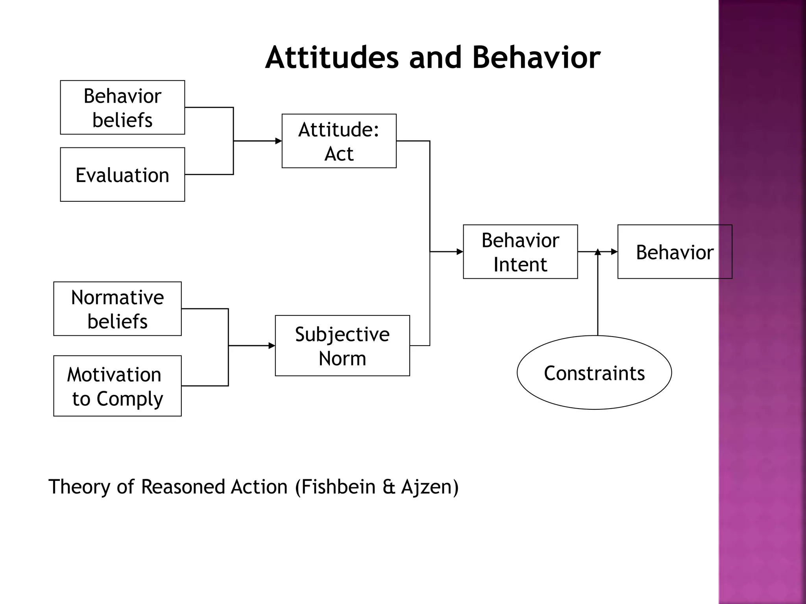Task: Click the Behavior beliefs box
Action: click(122, 107)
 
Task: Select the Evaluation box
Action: click(122, 175)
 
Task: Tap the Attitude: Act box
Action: click(339, 141)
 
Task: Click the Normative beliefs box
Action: click(117, 309)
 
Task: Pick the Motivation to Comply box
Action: click(117, 386)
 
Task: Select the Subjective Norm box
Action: click(342, 346)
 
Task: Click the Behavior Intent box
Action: click(520, 252)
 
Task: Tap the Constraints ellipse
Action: click(594, 373)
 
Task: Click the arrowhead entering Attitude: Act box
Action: click(279, 141)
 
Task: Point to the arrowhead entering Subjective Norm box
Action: click(272, 346)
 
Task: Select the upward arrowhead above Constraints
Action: click(597, 252)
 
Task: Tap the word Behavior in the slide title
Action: click(536, 57)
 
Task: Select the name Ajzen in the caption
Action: click(426, 487)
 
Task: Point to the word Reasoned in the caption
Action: click(183, 487)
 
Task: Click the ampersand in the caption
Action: click(388, 487)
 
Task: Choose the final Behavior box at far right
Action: click(675, 252)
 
